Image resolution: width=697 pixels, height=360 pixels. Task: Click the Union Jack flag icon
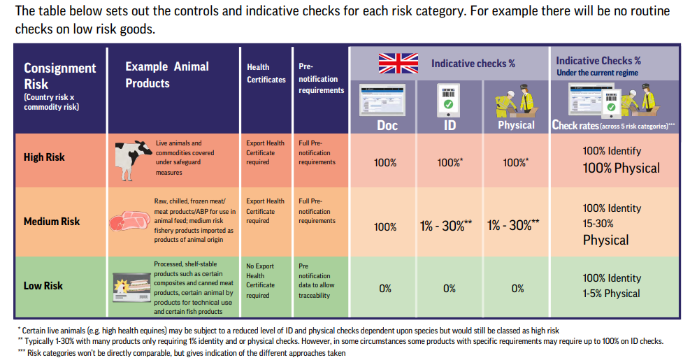click(398, 63)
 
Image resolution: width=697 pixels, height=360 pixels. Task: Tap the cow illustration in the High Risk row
click(133, 157)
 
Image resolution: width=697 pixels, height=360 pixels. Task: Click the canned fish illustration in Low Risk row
click(132, 285)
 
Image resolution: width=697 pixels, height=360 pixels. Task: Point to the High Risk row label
click(44, 157)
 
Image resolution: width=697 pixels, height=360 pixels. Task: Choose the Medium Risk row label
click(52, 222)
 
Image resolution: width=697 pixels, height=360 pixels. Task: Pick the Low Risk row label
click(43, 285)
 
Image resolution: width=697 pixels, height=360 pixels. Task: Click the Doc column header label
click(387, 125)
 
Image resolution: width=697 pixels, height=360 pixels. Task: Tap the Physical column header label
click(516, 125)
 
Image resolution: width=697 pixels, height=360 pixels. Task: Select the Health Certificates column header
click(266, 73)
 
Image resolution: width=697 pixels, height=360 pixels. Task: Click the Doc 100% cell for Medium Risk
click(385, 226)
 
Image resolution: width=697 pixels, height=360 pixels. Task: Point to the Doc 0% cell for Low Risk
click(385, 288)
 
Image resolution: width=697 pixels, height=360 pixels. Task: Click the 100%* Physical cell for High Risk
click(516, 162)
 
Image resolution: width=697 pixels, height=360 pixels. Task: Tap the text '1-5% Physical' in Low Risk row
click(612, 294)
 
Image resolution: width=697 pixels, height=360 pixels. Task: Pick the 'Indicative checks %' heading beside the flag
click(473, 64)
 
